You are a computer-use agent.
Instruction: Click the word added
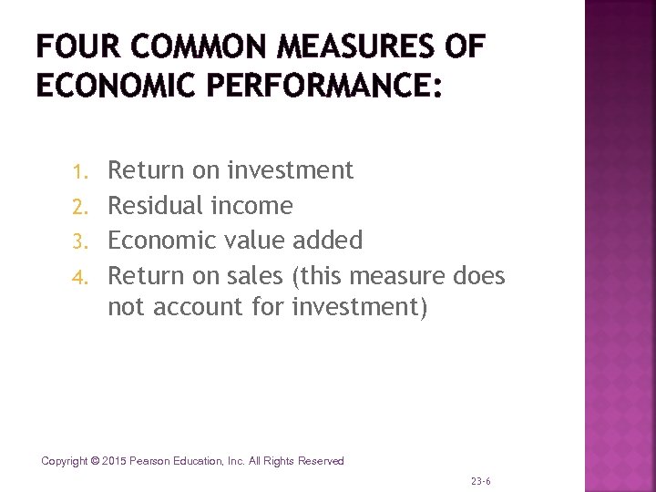pyautogui.click(x=327, y=241)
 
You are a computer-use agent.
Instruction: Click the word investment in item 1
pyautogui.click(x=291, y=170)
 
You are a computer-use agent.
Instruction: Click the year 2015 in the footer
pyautogui.click(x=116, y=461)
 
